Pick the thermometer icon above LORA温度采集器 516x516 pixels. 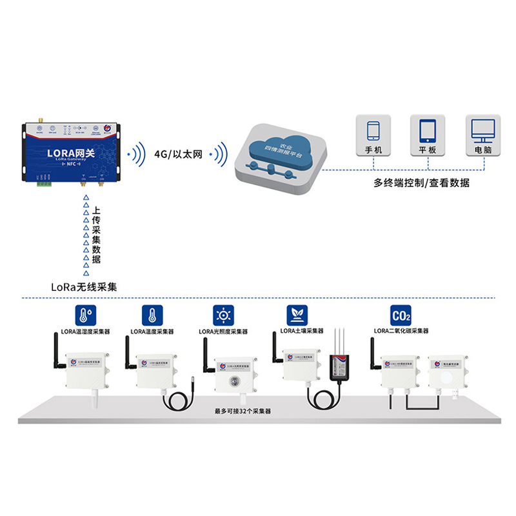click(x=151, y=315)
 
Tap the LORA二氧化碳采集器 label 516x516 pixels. click(x=401, y=331)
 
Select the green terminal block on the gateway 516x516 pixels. click(x=45, y=183)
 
